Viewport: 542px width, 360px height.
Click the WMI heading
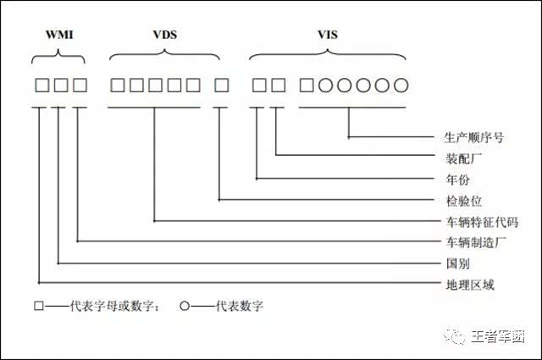point(59,35)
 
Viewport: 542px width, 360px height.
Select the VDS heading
point(165,35)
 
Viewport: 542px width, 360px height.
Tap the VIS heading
point(328,35)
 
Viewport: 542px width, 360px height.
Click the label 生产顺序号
point(473,137)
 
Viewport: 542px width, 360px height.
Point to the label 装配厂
point(463,158)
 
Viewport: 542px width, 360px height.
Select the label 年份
point(457,180)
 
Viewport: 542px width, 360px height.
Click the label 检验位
point(463,201)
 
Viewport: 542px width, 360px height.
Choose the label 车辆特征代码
point(482,222)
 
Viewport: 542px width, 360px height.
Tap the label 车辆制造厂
point(476,242)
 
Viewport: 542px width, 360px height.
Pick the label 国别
point(457,263)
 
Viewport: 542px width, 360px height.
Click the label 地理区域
point(470,285)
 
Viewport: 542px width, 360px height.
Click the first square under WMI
point(42,85)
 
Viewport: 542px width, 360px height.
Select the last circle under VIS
point(401,85)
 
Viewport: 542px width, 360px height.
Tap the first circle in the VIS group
point(325,85)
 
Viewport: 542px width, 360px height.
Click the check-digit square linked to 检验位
point(221,85)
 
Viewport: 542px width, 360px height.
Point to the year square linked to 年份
point(259,85)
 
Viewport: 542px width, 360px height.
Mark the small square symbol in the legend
point(39,306)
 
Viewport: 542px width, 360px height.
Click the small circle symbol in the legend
point(185,306)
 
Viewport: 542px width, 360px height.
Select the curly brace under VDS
point(164,55)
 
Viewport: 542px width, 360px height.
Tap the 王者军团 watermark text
point(498,336)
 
